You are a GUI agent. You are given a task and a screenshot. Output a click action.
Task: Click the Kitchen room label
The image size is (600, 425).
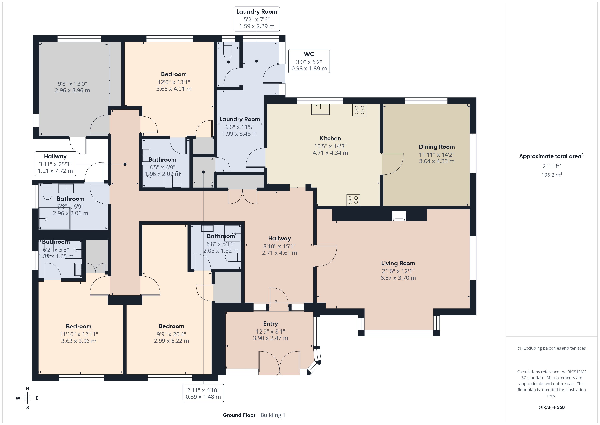tap(330, 138)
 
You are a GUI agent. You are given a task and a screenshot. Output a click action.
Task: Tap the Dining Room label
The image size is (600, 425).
tap(437, 147)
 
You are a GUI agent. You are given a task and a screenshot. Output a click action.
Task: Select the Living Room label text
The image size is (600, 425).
tap(398, 263)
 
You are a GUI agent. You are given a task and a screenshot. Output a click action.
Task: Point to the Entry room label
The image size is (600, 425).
tap(270, 324)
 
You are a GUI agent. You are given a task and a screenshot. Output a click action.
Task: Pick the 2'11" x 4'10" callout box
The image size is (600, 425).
tap(203, 393)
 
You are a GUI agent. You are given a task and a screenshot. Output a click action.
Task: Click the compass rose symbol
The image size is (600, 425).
tap(27, 398)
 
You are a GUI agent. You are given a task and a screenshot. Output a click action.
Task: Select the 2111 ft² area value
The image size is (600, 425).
tap(552, 166)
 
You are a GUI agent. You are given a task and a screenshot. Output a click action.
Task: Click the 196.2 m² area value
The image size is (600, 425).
tap(552, 175)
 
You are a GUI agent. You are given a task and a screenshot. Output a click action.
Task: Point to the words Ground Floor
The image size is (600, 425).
tap(239, 415)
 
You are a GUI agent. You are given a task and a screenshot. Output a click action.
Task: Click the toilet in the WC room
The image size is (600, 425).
tap(228, 50)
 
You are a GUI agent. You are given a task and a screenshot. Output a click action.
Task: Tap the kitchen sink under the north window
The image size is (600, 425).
tap(320, 109)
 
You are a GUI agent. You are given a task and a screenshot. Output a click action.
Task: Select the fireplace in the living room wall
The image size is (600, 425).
tap(399, 216)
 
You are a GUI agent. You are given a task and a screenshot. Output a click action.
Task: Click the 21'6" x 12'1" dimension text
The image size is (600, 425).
tap(398, 271)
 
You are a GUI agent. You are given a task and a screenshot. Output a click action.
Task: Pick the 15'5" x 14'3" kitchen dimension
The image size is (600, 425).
tap(330, 146)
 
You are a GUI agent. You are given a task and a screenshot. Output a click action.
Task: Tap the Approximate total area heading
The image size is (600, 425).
tap(552, 156)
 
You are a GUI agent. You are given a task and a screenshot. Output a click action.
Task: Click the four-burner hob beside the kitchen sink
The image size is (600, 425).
tap(359, 110)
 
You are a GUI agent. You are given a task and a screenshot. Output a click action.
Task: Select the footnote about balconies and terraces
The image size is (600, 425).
tap(552, 348)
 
